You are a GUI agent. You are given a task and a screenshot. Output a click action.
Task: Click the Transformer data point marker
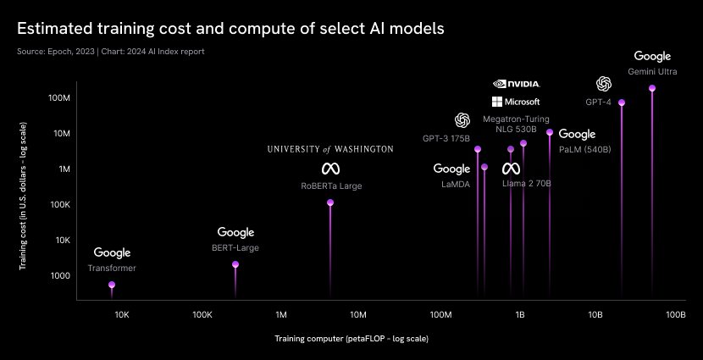[112, 285]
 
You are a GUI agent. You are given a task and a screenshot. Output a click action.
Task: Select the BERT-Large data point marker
[235, 265]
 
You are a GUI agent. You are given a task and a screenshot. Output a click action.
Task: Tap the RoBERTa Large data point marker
[330, 202]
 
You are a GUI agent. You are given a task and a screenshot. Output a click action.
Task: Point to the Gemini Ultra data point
[651, 88]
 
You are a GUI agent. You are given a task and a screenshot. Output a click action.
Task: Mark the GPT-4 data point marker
[622, 102]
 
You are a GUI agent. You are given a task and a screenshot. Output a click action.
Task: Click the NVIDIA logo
[516, 84]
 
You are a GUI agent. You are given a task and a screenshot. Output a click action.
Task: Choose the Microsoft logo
[516, 102]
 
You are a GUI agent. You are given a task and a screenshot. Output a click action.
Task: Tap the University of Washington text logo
[330, 149]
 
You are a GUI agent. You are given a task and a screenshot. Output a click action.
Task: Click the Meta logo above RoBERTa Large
[330, 169]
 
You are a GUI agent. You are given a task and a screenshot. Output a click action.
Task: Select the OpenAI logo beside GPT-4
[604, 84]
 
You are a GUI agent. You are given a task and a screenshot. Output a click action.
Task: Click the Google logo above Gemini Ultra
[651, 56]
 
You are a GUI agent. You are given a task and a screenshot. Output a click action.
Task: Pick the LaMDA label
[452, 183]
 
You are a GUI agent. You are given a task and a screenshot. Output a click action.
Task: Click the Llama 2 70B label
[527, 183]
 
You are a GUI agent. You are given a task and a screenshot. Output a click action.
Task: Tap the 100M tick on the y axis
[58, 98]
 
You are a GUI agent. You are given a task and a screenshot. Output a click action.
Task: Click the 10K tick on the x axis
[121, 314]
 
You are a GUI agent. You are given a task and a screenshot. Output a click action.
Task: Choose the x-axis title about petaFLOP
[351, 339]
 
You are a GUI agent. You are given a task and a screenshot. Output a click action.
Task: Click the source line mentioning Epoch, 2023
[110, 52]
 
